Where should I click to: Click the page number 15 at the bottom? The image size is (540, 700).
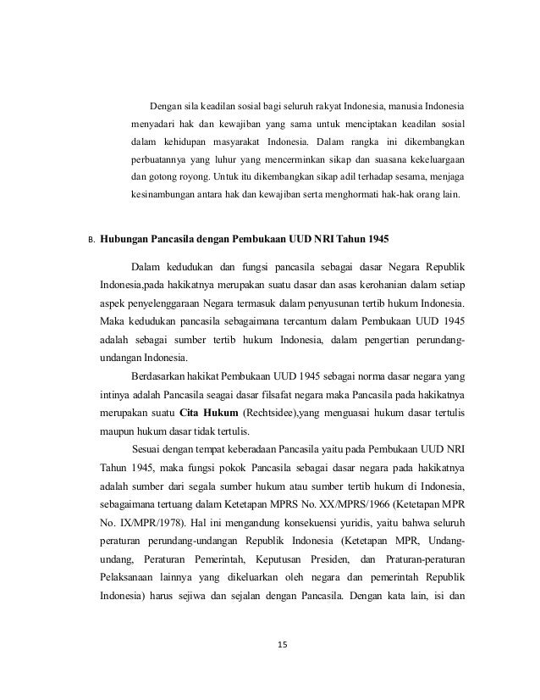[283, 646]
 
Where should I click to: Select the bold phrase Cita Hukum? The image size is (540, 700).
[207, 414]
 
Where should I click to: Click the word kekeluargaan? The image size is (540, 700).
[429, 159]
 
